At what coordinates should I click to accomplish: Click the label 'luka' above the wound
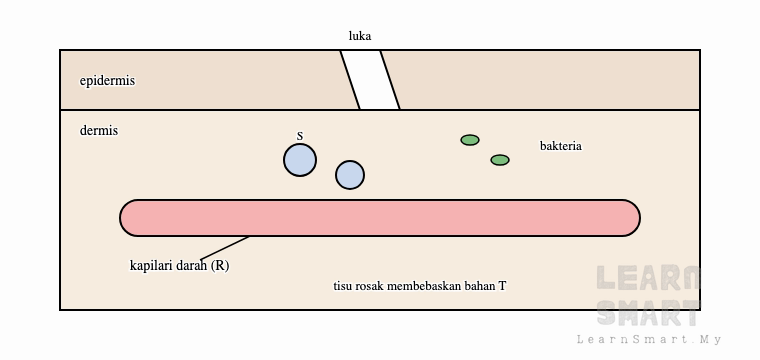(x=360, y=36)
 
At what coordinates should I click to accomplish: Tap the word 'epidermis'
(x=107, y=80)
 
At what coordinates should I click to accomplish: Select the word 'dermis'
(x=99, y=130)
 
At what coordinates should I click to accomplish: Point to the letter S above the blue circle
(x=300, y=136)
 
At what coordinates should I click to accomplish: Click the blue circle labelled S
(x=300, y=160)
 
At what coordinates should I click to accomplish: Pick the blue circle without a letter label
(x=350, y=175)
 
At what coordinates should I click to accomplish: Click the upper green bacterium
(x=470, y=140)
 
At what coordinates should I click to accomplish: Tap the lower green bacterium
(x=500, y=160)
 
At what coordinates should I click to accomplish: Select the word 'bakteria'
(x=561, y=146)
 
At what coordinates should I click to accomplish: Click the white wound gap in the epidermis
(x=370, y=80)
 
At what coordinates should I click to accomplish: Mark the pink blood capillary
(x=380, y=218)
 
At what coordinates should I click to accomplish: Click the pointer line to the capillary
(x=224, y=249)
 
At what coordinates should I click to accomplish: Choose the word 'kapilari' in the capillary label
(x=148, y=266)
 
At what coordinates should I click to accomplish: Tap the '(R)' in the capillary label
(x=220, y=266)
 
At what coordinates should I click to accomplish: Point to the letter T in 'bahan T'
(x=502, y=286)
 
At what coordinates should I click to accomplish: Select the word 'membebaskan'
(x=424, y=286)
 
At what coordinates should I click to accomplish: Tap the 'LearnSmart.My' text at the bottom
(x=649, y=339)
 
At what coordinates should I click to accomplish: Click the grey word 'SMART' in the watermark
(x=648, y=313)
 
